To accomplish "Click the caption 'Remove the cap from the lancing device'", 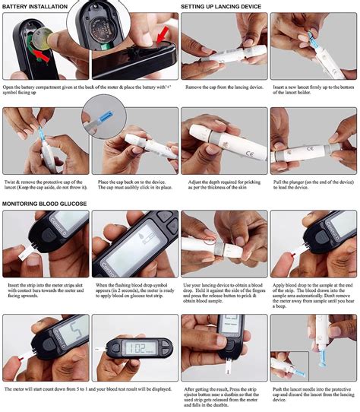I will [x=224, y=88].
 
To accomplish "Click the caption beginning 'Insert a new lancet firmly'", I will [x=314, y=92].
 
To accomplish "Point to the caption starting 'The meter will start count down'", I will [x=89, y=388].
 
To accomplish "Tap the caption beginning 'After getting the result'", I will [x=224, y=396].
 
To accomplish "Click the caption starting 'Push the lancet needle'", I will [x=314, y=396].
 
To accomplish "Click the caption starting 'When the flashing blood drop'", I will [x=134, y=294].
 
